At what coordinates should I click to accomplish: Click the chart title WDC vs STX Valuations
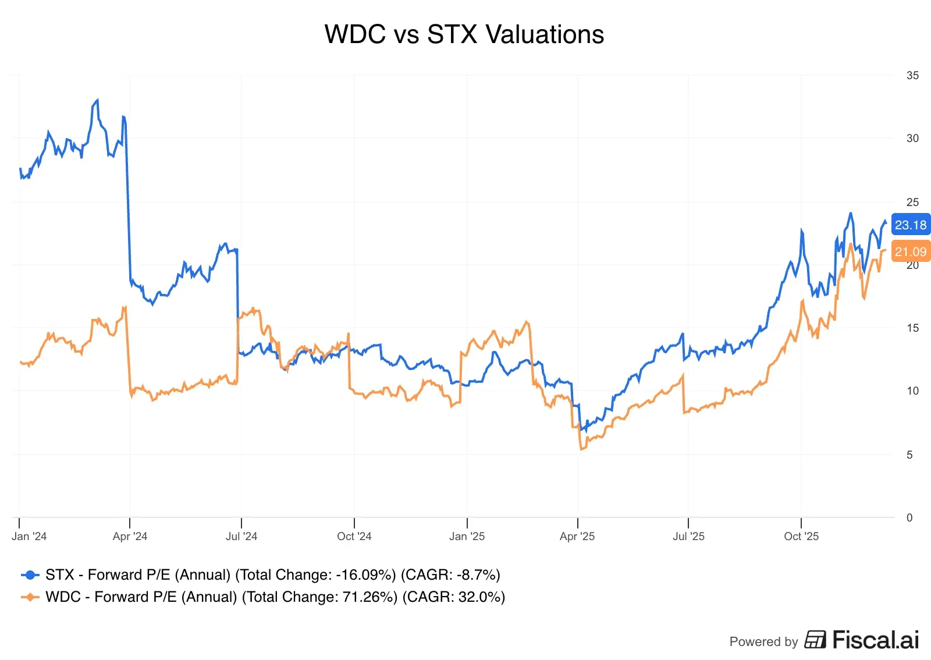pos(464,34)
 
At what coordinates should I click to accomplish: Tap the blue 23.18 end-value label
pos(910,225)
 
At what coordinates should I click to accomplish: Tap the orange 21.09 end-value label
pos(910,251)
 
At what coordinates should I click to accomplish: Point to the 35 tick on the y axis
pos(912,75)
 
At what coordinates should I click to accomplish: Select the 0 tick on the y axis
pos(909,517)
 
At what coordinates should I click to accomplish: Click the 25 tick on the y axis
pos(912,202)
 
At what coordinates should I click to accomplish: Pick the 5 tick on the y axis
pos(909,455)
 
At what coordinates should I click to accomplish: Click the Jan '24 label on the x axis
pos(29,536)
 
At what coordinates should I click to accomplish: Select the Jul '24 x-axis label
pos(241,536)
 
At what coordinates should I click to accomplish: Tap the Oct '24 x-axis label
pos(354,536)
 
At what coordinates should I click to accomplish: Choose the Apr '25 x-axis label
pos(577,536)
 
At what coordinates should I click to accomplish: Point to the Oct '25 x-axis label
pos(801,536)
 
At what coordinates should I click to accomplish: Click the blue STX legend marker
pos(30,575)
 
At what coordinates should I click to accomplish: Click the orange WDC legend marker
pos(30,597)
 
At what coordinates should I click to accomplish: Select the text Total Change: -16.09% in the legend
pos(315,575)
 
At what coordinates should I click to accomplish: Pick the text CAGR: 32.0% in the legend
pos(453,597)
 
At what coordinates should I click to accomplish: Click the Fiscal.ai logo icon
pos(815,640)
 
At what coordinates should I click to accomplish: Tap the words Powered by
pos(763,641)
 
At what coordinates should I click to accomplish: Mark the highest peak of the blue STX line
pos(97,100)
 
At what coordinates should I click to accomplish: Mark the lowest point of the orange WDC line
pos(581,449)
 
